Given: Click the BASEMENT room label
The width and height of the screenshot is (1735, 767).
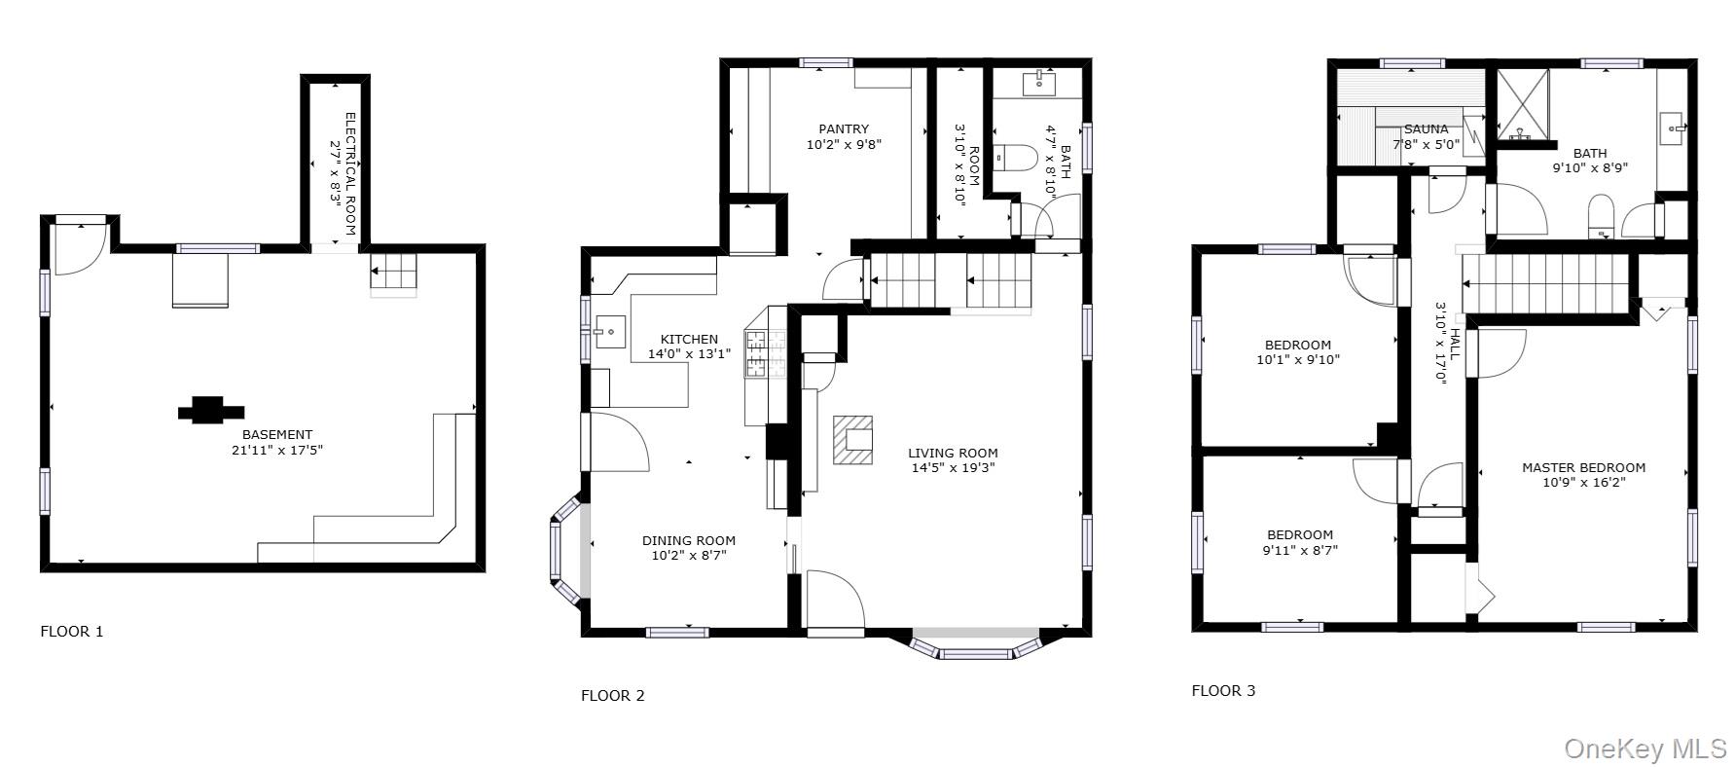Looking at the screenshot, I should [x=277, y=434].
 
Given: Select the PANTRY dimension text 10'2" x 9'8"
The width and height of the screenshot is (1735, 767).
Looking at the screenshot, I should [x=844, y=144].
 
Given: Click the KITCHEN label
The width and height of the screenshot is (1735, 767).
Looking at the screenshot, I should [x=689, y=339].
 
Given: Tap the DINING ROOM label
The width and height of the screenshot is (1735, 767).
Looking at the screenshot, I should [x=689, y=540].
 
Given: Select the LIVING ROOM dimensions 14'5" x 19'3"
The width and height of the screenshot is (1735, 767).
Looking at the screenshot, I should [x=953, y=467].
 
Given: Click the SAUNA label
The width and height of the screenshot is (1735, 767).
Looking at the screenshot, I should [x=1426, y=128].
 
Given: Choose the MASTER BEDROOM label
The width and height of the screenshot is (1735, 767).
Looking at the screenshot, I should [x=1583, y=467].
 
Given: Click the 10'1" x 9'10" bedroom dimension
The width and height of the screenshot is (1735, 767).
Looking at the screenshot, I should [x=1298, y=359].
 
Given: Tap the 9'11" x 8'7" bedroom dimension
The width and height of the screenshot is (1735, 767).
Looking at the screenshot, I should [x=1299, y=549].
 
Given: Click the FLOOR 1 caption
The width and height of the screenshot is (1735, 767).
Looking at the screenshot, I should [x=71, y=631].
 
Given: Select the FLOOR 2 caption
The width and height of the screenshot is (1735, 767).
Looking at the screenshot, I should [x=612, y=695].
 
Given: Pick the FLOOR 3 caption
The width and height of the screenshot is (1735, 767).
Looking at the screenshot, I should [x=1223, y=690].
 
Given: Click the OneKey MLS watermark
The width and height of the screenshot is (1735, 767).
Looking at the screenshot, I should [x=1645, y=748].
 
